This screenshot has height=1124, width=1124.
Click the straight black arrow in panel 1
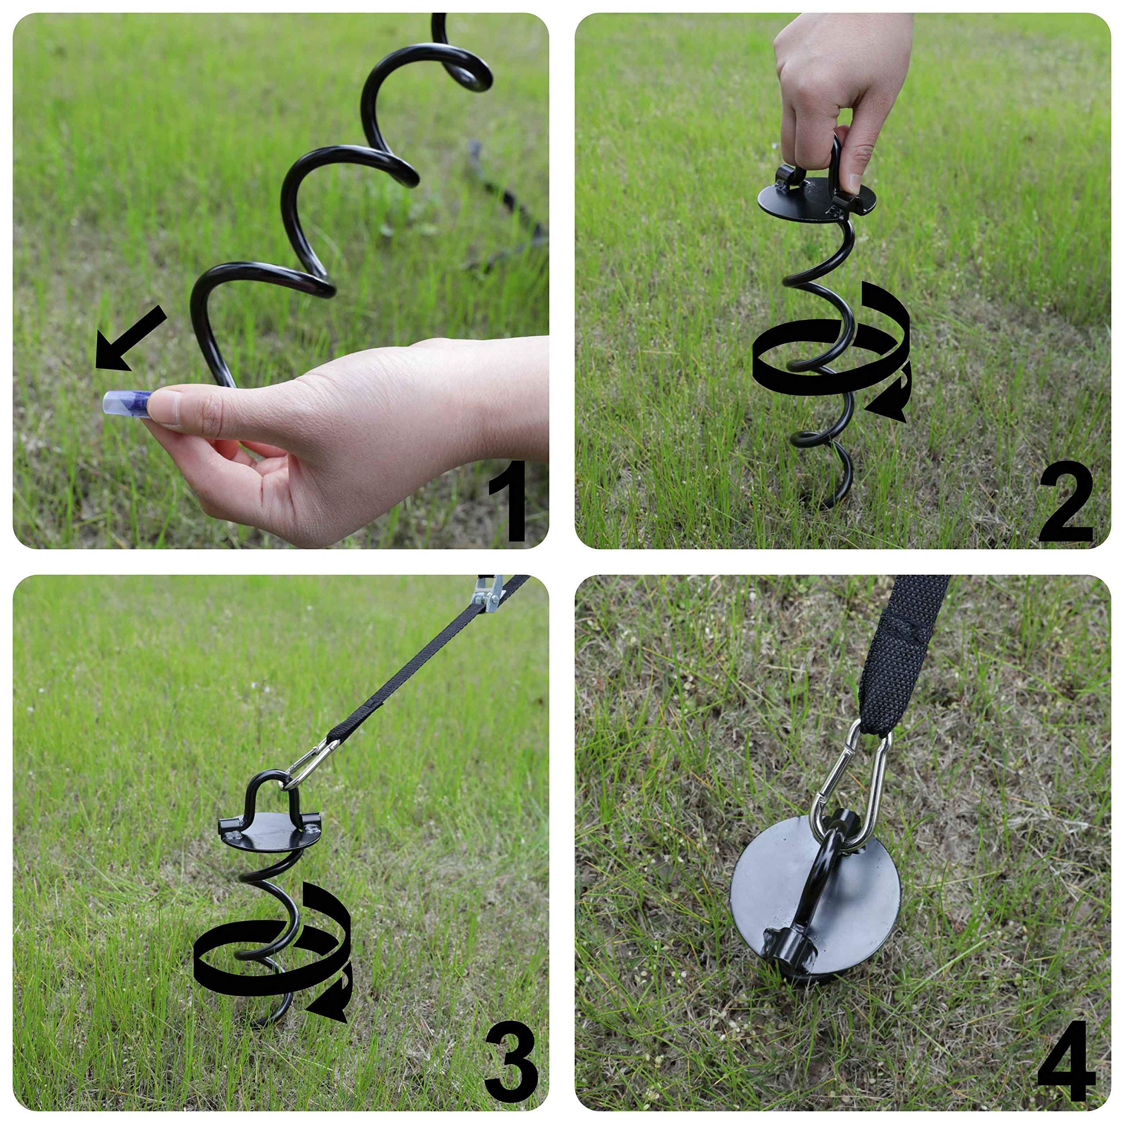pyautogui.click(x=129, y=340)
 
